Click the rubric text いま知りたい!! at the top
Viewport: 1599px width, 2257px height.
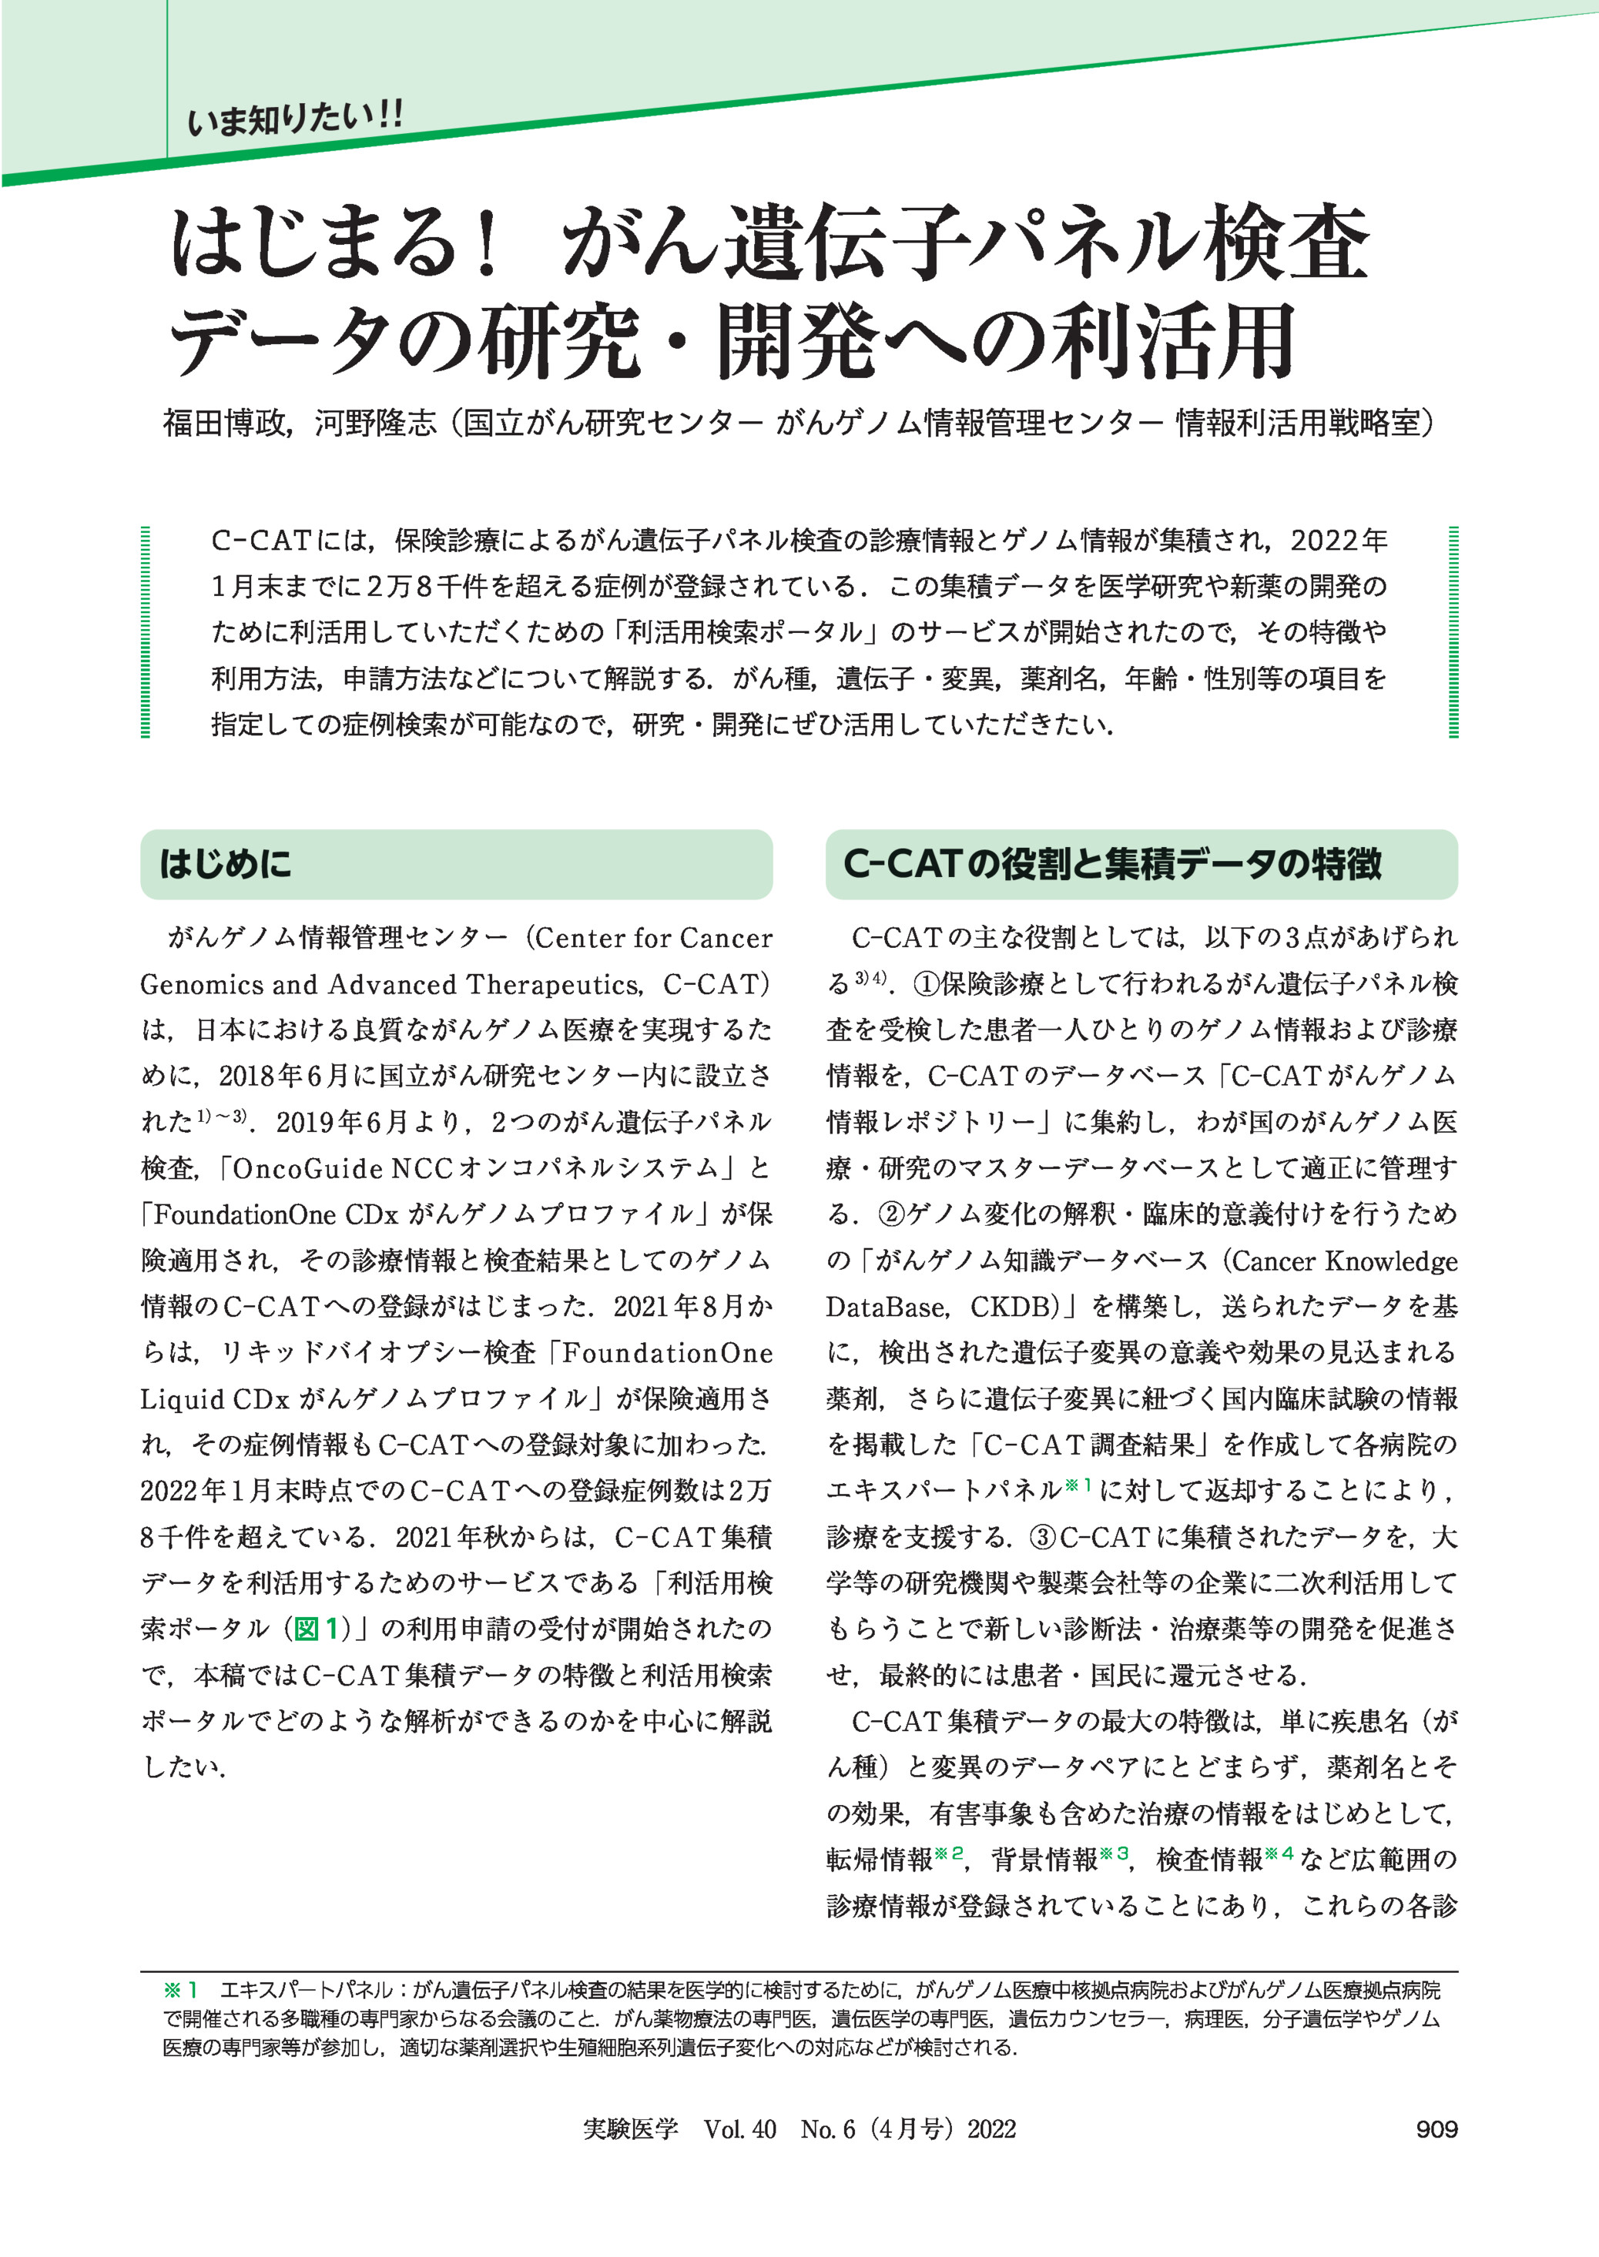294,120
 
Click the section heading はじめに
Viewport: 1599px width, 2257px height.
226,864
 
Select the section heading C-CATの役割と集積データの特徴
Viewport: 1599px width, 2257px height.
1113,864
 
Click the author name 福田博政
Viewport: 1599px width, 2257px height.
223,424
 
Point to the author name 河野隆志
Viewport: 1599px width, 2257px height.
375,424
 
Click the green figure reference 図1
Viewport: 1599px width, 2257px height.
317,1629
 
